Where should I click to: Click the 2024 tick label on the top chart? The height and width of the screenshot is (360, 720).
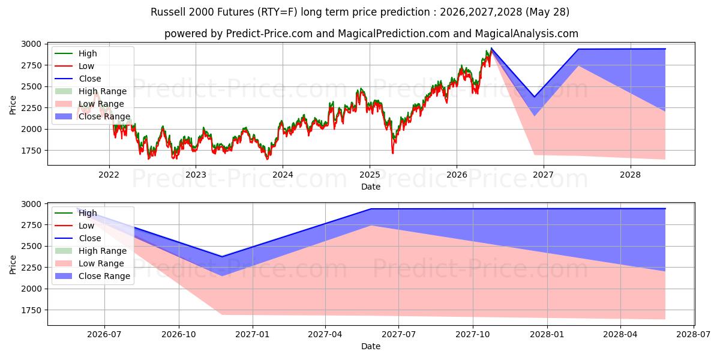pyautogui.click(x=283, y=175)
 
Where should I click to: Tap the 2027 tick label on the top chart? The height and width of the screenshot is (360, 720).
pyautogui.click(x=543, y=175)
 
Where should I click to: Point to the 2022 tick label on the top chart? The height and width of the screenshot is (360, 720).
pyautogui.click(x=109, y=175)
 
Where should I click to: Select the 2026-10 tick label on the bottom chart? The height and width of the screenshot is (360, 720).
pyautogui.click(x=179, y=335)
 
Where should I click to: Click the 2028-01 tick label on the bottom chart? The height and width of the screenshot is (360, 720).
pyautogui.click(x=547, y=335)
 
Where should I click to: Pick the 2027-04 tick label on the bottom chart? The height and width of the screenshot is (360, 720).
pyautogui.click(x=325, y=335)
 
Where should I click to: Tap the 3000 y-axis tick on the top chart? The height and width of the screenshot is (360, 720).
pyautogui.click(x=31, y=44)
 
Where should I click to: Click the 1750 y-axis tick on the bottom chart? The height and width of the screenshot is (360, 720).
pyautogui.click(x=31, y=310)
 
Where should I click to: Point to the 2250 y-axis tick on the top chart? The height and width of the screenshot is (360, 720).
pyautogui.click(x=31, y=108)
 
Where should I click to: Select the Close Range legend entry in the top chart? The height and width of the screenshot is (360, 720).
pyautogui.click(x=92, y=116)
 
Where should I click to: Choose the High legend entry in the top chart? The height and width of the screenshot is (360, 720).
pyautogui.click(x=76, y=53)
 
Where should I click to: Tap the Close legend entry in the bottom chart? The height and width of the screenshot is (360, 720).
pyautogui.click(x=78, y=238)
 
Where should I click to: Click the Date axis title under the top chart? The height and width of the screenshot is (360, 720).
pyautogui.click(x=371, y=187)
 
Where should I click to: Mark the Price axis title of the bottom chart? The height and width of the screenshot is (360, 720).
pyautogui.click(x=13, y=265)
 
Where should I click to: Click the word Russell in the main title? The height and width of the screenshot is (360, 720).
pyautogui.click(x=168, y=12)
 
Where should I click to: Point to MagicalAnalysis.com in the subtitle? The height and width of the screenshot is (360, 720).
pyautogui.click(x=527, y=34)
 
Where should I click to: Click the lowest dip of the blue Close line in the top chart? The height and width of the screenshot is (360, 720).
pyautogui.click(x=535, y=97)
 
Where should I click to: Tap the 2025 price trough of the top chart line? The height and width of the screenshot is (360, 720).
pyautogui.click(x=393, y=153)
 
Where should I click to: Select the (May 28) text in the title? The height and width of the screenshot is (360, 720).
pyautogui.click(x=547, y=12)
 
